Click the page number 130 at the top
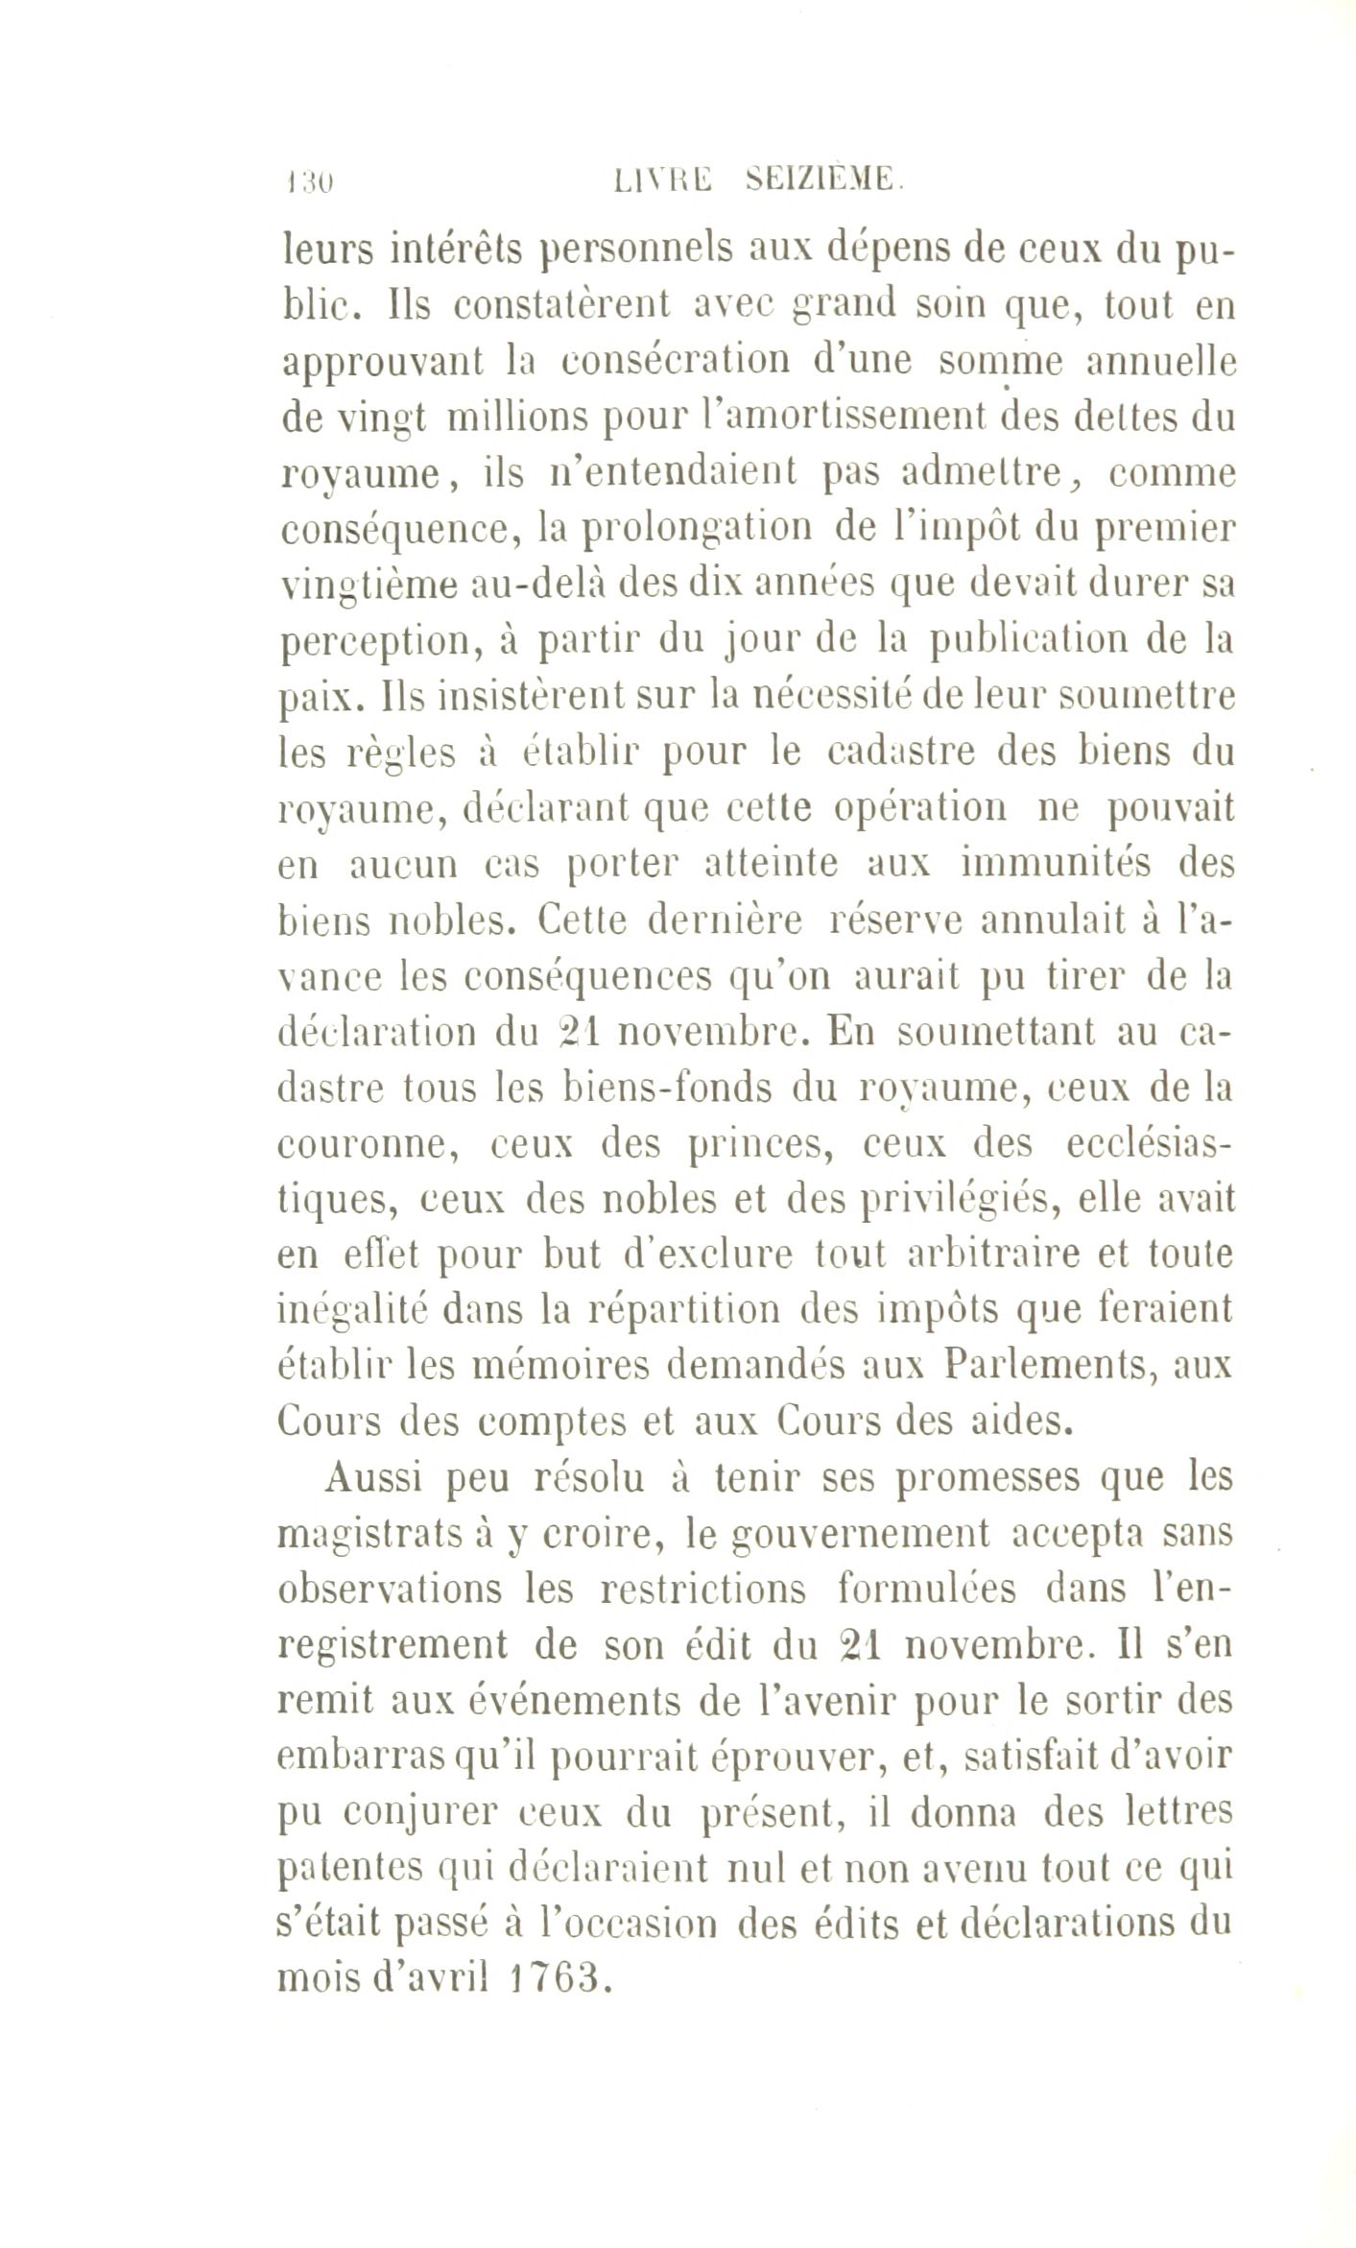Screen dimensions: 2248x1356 pyautogui.click(x=307, y=180)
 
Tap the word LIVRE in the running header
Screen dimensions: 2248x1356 pyautogui.click(x=665, y=179)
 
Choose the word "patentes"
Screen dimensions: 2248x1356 pyautogui.click(x=350, y=1869)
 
